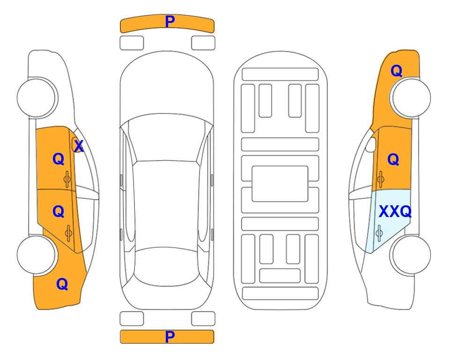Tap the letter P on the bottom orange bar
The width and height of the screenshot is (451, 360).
click(x=170, y=337)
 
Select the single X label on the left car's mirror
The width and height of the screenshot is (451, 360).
click(x=79, y=146)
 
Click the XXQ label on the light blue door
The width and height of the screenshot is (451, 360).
click(x=395, y=212)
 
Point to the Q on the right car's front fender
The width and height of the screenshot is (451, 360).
click(x=396, y=71)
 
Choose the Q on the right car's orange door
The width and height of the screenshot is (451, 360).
click(x=393, y=159)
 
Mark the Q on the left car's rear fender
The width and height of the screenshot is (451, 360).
click(x=62, y=284)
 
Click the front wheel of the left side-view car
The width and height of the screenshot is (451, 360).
click(x=37, y=97)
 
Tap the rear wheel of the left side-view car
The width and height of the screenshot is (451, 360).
click(x=37, y=255)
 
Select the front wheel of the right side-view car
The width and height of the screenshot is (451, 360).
click(x=411, y=97)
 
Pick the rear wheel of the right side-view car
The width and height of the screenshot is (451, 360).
click(x=411, y=255)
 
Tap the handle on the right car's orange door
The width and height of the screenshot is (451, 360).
click(x=380, y=180)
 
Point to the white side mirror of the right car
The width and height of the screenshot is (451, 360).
click(x=371, y=144)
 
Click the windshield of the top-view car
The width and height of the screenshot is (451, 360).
click(x=167, y=138)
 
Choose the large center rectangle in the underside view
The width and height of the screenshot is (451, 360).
click(x=280, y=184)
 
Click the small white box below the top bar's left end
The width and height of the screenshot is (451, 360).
click(x=132, y=43)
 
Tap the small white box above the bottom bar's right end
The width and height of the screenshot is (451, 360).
click(x=203, y=319)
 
